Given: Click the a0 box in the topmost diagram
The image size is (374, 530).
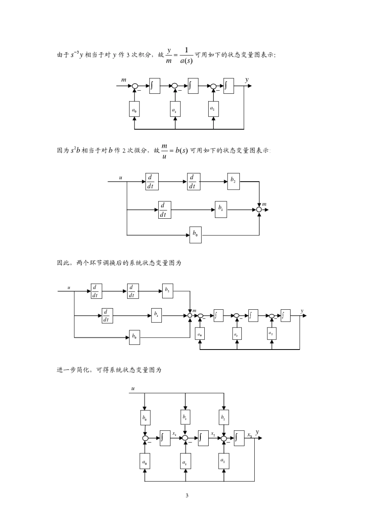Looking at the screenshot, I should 135,110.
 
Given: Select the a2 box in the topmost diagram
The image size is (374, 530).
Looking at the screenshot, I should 213,109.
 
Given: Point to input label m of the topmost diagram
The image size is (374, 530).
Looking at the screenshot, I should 124,80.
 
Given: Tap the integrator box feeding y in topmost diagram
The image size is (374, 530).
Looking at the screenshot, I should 229,86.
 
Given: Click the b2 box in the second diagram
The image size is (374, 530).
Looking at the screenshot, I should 233,181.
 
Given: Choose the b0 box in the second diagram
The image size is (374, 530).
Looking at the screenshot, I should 195,235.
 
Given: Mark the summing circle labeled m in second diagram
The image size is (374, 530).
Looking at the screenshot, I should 259,210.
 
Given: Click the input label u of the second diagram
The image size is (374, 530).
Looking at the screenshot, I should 120,178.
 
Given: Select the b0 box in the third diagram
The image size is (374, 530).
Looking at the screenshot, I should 134,337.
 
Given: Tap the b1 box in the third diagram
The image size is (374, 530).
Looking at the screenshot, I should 156,315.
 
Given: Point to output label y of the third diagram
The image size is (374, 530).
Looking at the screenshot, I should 302,311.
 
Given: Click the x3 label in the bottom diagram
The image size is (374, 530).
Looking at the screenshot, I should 249,435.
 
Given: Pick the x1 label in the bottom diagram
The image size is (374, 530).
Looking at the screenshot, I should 174,434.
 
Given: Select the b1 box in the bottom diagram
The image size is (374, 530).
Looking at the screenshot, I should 185,417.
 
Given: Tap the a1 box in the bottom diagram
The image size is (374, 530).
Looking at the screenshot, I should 185,461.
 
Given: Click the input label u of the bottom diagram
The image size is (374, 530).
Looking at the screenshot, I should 133,389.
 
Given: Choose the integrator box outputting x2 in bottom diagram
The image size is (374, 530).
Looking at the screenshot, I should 203,438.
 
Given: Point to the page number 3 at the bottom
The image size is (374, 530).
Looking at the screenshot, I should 187,495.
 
